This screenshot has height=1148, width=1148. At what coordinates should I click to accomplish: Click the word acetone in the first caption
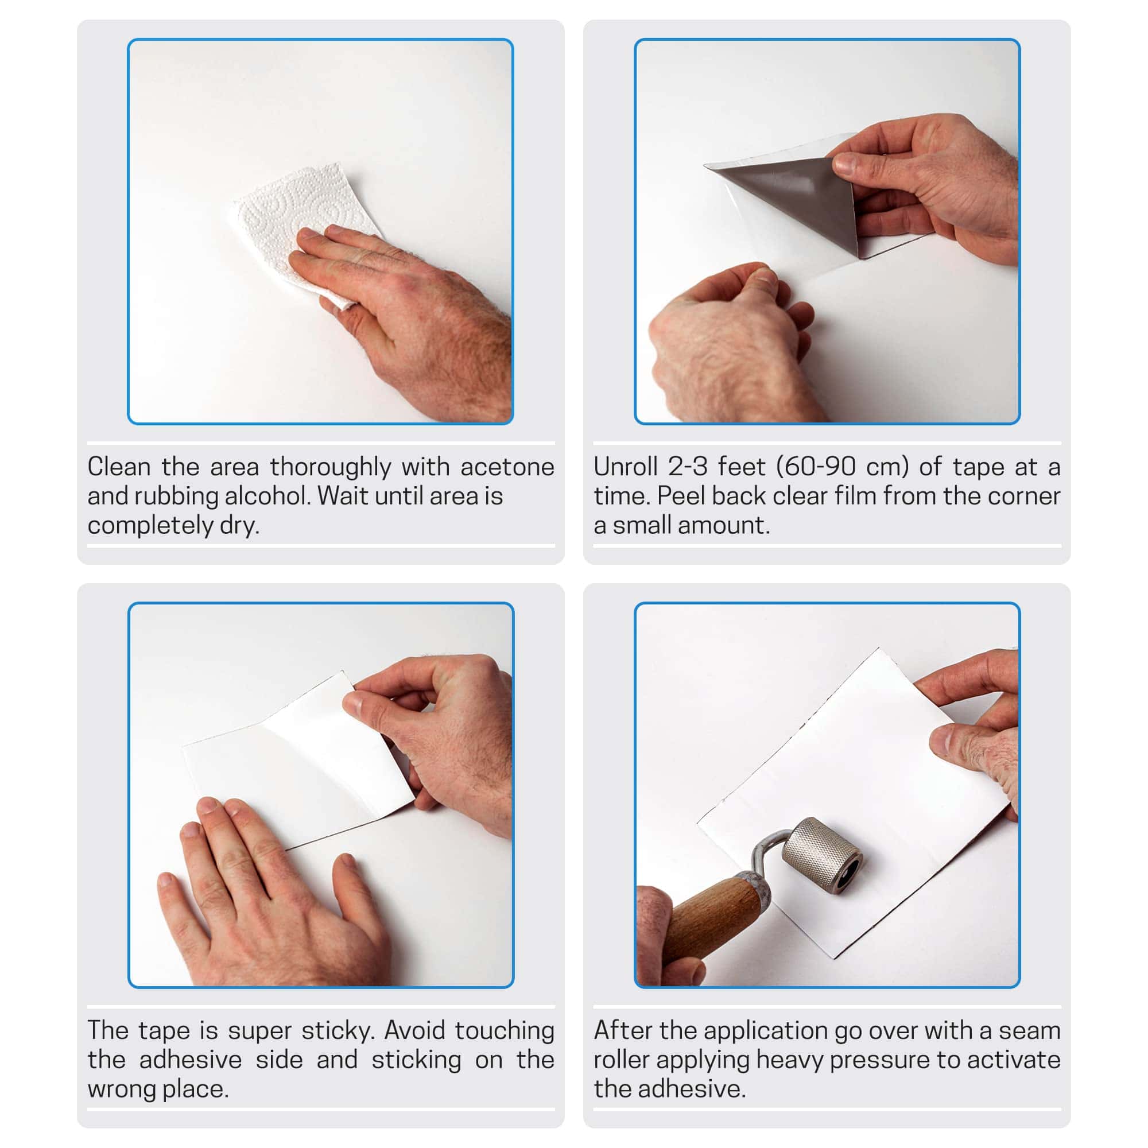click(507, 467)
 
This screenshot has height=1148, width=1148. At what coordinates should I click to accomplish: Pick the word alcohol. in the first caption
click(269, 496)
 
